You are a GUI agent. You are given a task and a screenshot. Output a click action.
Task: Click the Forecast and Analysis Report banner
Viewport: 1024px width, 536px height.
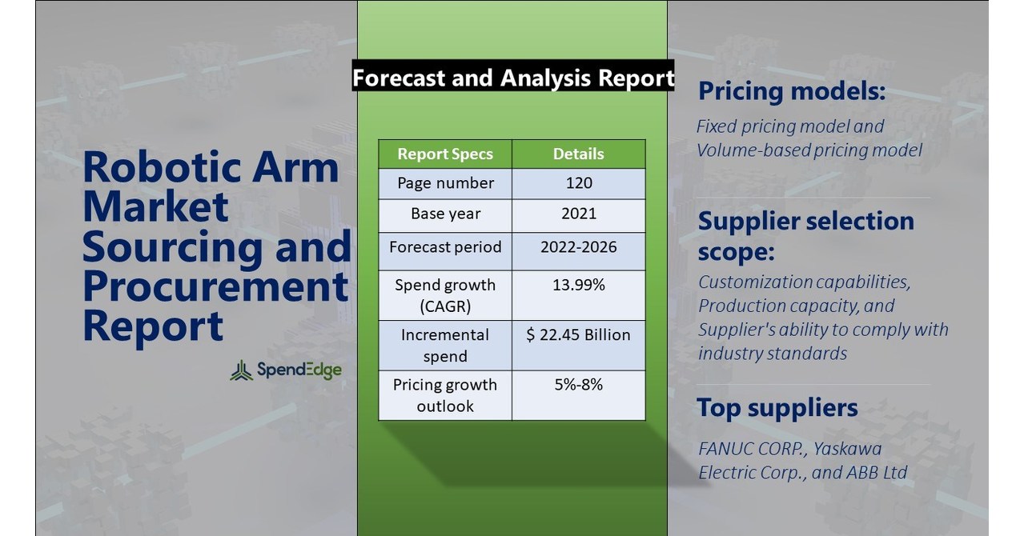(x=512, y=78)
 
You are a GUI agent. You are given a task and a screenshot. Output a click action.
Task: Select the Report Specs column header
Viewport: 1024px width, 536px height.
(x=445, y=154)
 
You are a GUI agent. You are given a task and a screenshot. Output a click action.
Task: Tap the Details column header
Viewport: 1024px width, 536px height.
(x=578, y=154)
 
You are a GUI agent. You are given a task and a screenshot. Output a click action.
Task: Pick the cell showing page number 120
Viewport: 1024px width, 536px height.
(x=578, y=183)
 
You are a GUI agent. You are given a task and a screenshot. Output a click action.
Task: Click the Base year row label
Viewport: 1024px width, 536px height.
(x=445, y=214)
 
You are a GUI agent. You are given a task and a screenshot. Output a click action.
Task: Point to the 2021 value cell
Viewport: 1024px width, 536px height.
(x=578, y=214)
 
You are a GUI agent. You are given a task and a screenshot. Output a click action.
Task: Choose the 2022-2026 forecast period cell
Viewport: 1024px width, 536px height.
(x=578, y=246)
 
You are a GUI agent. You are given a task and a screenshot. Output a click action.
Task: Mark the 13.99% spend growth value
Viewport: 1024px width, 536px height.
(x=578, y=285)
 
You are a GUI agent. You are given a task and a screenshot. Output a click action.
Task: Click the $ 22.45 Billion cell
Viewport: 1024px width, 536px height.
(x=578, y=334)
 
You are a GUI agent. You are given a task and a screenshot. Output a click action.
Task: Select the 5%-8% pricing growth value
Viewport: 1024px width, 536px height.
(x=578, y=385)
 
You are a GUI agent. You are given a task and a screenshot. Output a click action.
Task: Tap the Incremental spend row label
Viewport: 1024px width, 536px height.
(x=445, y=345)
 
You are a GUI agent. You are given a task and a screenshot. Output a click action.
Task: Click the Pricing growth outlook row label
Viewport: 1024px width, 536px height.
(x=445, y=395)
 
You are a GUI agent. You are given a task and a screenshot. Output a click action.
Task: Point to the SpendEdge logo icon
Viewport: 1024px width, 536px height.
(x=241, y=370)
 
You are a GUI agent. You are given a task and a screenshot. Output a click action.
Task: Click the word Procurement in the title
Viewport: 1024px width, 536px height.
(x=215, y=286)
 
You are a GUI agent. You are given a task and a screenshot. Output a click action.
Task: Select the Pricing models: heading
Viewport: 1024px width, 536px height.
(x=791, y=91)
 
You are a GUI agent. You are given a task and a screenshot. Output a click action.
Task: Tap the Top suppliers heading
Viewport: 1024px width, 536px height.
(x=777, y=408)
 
